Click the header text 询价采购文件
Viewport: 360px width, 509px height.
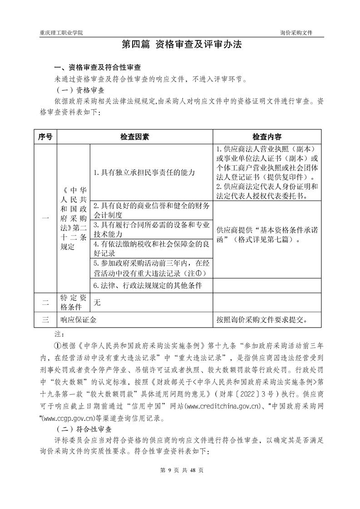pyautogui.click(x=296, y=34)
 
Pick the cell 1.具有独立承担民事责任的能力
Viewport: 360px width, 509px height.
pyautogui.click(x=138, y=172)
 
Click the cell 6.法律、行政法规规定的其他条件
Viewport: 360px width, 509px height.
pyautogui.click(x=147, y=285)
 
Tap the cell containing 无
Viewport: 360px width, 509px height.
pyautogui.click(x=97, y=302)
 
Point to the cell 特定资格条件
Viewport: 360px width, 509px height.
pyautogui.click(x=74, y=302)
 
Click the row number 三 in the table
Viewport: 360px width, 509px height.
pyautogui.click(x=45, y=319)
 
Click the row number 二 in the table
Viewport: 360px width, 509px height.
pyautogui.click(x=45, y=302)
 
